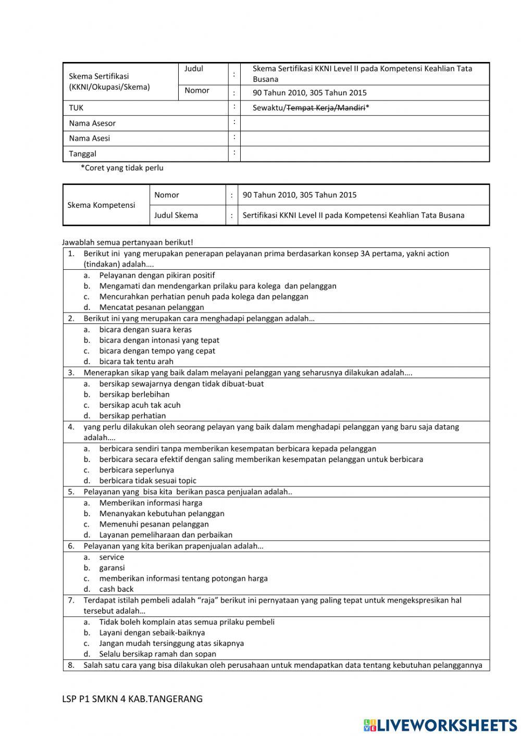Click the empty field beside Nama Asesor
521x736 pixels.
365,123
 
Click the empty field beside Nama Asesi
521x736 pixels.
365,139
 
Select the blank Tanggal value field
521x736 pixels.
365,154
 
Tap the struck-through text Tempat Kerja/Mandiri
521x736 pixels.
326,108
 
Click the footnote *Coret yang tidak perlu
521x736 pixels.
122,168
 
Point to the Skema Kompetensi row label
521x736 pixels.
101,205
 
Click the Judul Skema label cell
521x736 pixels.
176,215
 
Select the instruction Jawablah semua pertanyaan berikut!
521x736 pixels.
128,242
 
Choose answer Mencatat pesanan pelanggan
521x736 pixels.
152,307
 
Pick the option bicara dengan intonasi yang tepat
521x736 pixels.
159,340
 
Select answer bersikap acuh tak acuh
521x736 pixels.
140,405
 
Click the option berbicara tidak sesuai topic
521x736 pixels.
148,481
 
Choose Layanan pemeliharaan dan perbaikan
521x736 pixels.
166,535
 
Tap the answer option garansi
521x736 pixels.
112,568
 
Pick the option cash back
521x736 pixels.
117,589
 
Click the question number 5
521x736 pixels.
71,492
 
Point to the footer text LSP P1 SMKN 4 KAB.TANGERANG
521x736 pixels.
132,699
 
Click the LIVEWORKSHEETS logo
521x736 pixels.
440,725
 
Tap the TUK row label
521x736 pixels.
76,108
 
